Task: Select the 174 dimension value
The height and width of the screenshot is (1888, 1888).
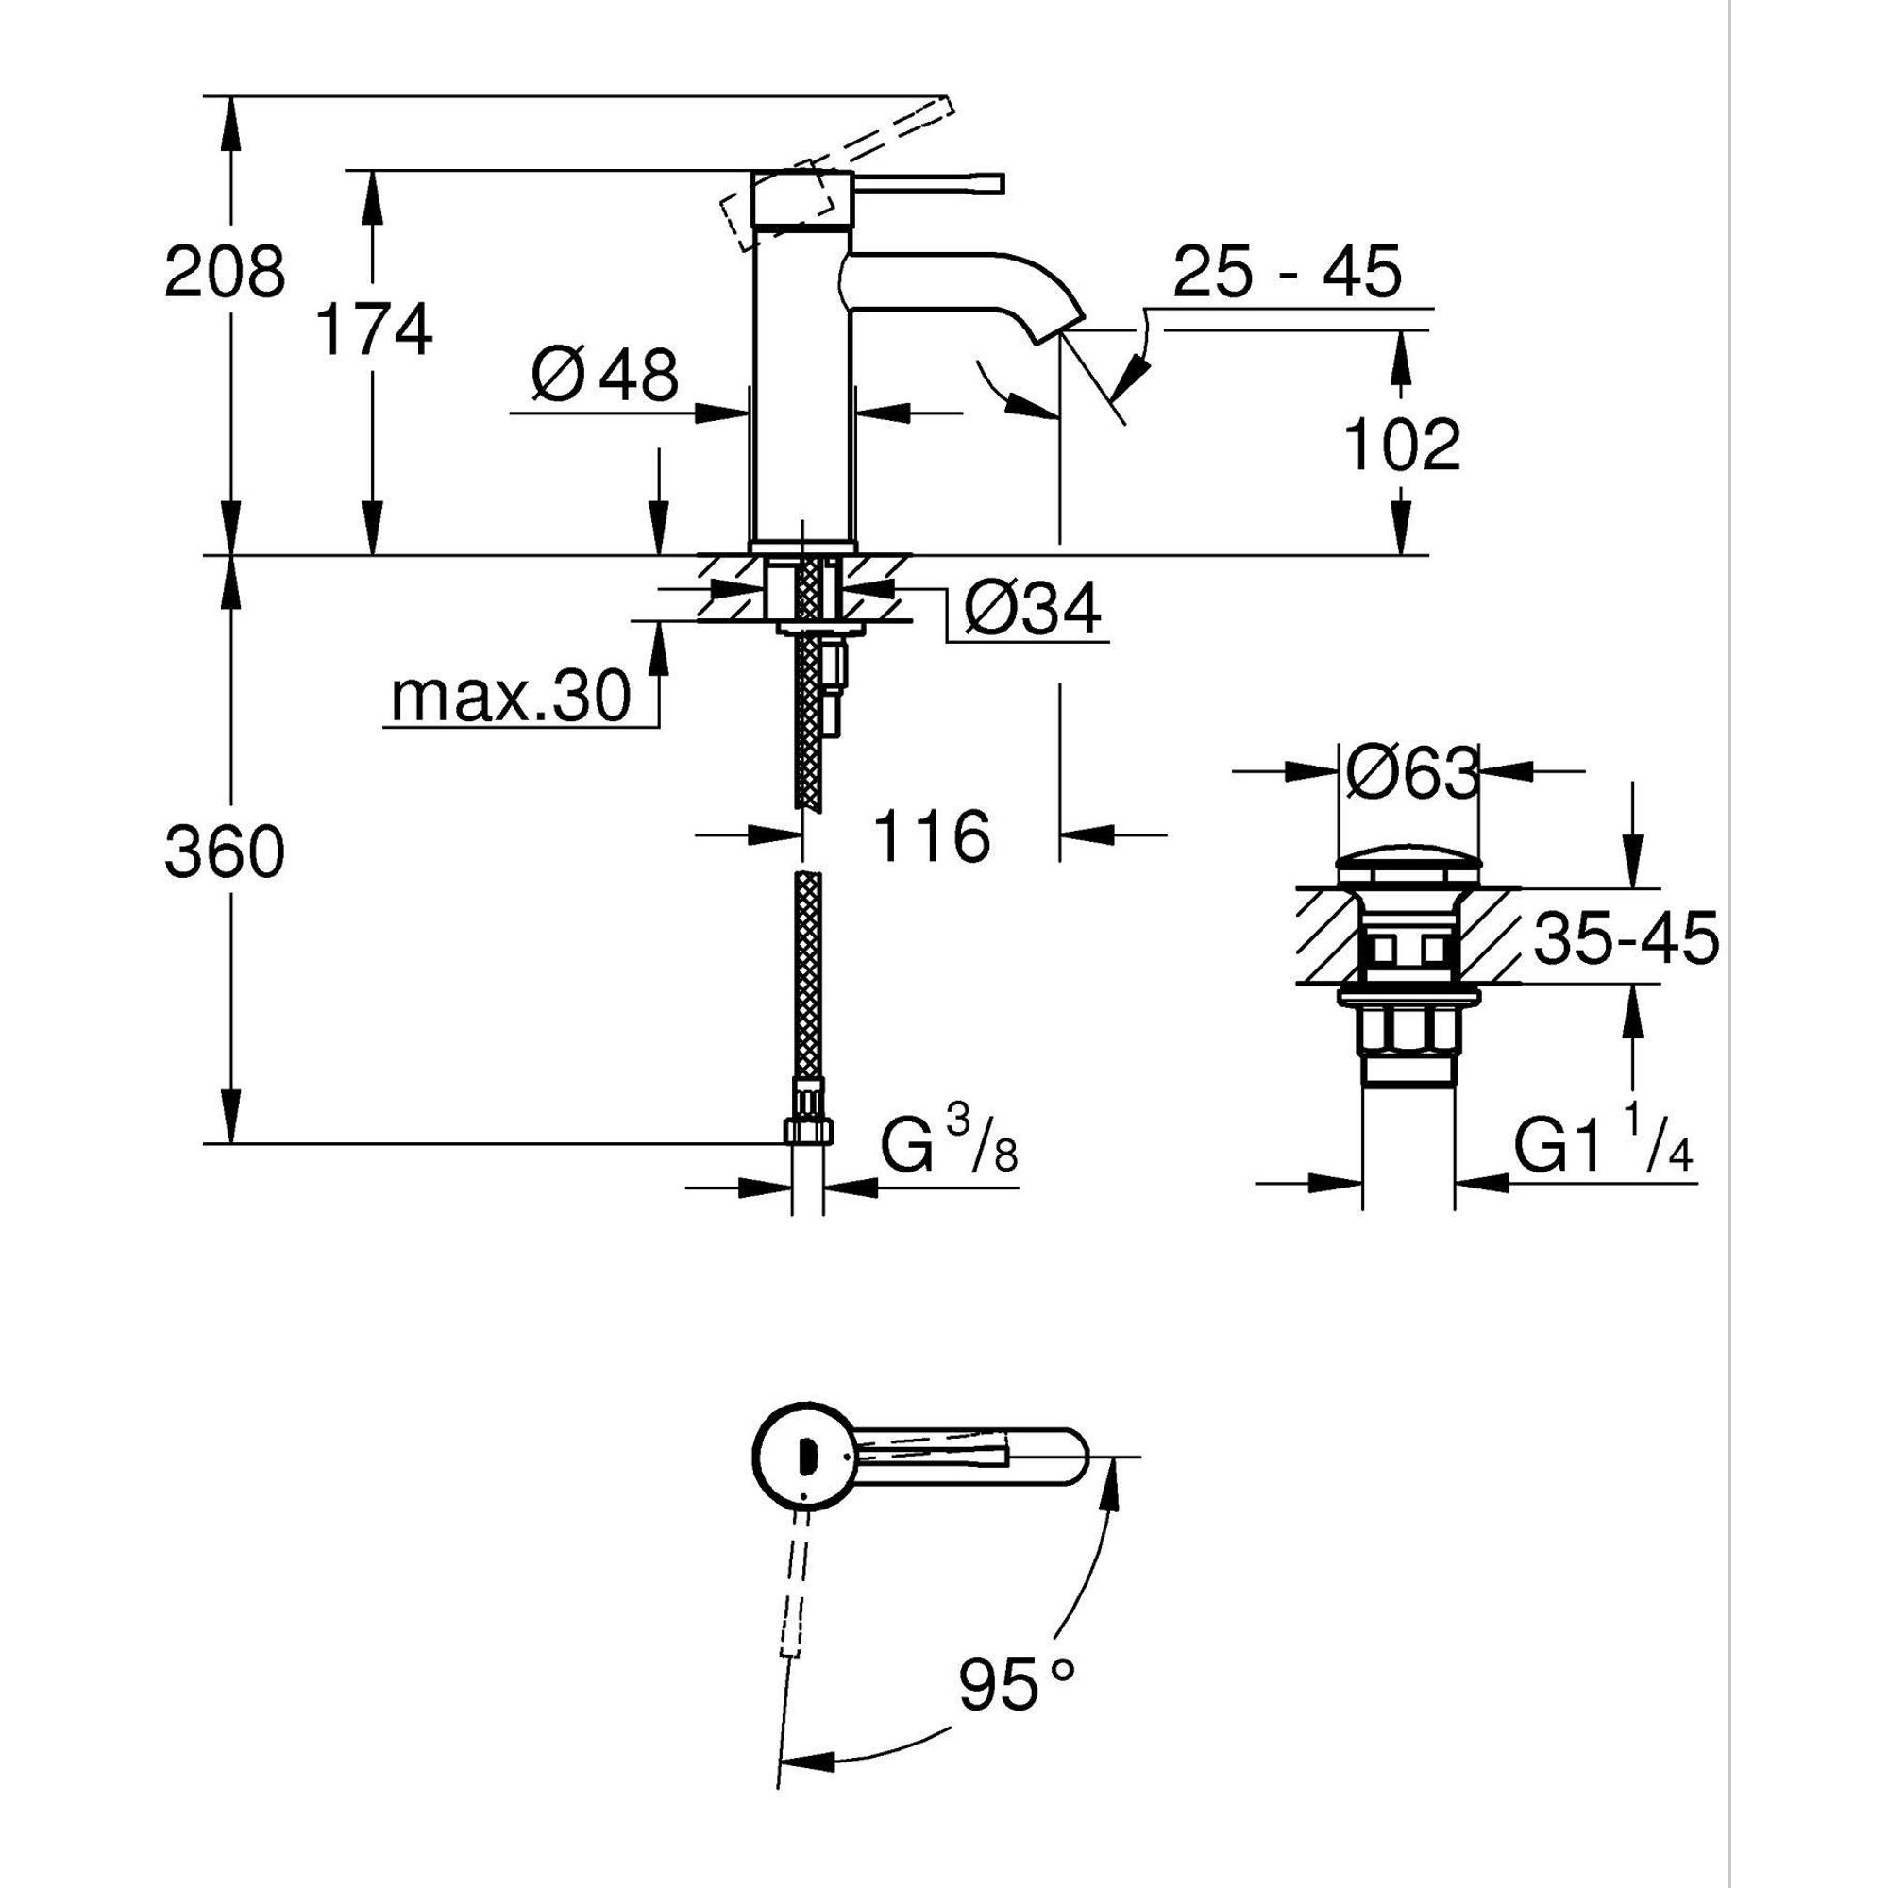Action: coord(374,329)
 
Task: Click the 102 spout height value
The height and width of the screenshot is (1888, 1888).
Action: coord(1403,446)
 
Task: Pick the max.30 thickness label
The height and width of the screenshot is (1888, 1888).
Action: coord(509,698)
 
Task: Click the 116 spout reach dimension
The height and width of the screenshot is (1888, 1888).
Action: coord(932,836)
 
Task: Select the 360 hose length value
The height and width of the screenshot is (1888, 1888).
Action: coord(225,851)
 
